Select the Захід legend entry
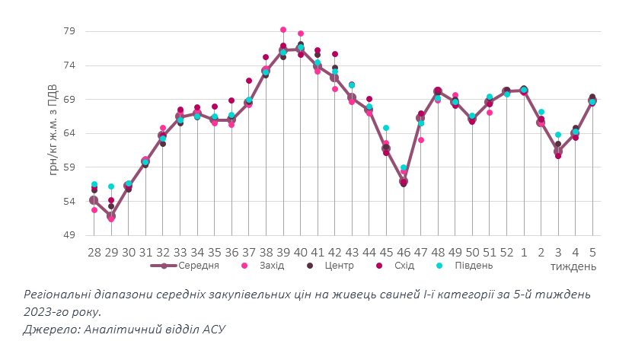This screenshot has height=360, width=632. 270,266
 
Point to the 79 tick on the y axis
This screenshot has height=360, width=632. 69,31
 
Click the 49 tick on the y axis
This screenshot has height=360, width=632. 69,235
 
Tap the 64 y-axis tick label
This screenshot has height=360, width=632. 69,133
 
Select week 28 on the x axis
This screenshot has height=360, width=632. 94,252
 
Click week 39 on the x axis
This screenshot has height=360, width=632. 283,252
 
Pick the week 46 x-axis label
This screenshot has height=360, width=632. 404,252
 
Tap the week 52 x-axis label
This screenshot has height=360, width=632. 506,252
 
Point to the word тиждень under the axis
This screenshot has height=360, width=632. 573,266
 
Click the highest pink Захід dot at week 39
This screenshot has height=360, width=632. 283,30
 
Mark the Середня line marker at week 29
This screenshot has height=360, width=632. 111,216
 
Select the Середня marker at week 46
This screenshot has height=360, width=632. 404,181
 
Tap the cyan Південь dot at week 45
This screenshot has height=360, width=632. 386,128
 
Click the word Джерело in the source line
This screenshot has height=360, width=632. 51,329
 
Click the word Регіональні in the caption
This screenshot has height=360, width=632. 60,295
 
